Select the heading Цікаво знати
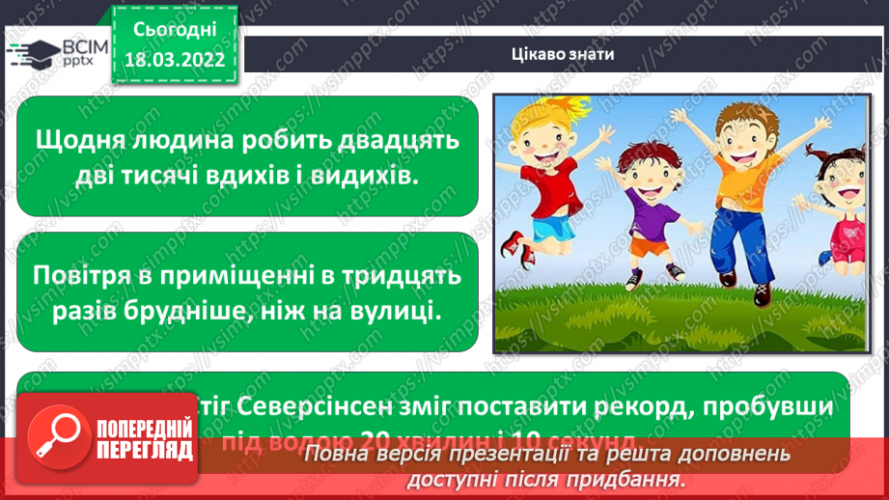(x=562, y=53)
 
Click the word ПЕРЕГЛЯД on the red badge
(x=144, y=450)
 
